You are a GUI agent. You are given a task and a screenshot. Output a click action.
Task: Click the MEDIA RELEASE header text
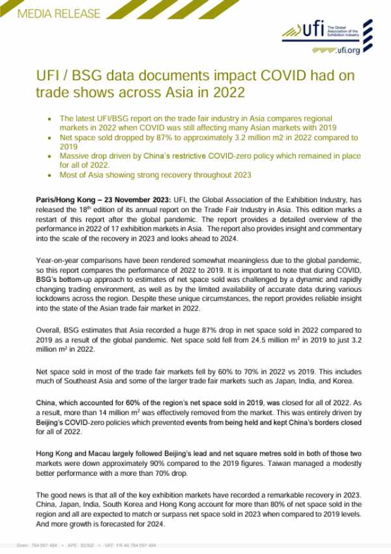(x=50, y=13)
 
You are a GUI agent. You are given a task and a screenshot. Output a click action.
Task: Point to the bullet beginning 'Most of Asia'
(x=155, y=176)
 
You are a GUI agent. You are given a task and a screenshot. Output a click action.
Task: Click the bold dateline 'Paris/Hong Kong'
(x=64, y=198)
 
